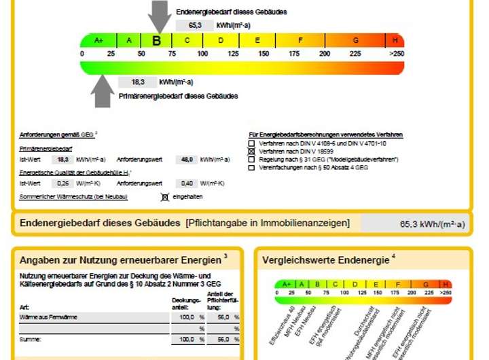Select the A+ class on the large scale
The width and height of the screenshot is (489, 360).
click(x=99, y=41)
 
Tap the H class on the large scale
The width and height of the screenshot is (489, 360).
click(x=395, y=41)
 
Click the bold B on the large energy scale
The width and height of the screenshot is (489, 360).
click(x=157, y=41)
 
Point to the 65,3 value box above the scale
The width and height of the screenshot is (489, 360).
click(x=194, y=25)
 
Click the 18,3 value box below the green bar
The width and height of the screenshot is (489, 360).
click(x=138, y=82)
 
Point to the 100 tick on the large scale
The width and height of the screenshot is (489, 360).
click(x=202, y=54)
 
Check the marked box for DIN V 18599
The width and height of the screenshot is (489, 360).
click(x=251, y=151)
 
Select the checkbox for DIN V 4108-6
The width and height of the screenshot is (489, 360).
click(x=251, y=143)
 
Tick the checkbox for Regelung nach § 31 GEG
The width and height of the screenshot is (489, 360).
click(x=251, y=159)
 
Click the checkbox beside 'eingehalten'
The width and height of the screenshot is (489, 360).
click(x=164, y=197)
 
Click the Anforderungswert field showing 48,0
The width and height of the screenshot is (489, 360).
click(x=182, y=159)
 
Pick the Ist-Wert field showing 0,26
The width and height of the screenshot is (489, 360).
click(x=63, y=183)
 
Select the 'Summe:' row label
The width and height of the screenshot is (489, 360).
click(x=31, y=339)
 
